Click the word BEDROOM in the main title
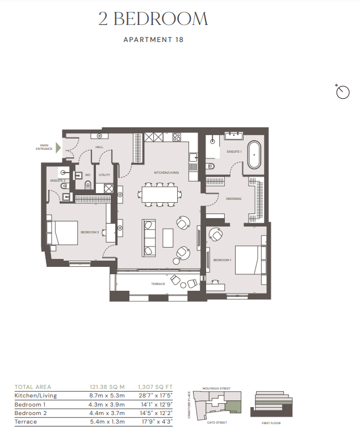(161, 19)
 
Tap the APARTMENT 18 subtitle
(153, 40)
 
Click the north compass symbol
(343, 92)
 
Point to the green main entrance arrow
(57, 148)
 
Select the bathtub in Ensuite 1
(254, 155)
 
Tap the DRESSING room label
(233, 199)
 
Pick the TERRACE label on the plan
(158, 284)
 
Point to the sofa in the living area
(149, 237)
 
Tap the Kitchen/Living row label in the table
(36, 396)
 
